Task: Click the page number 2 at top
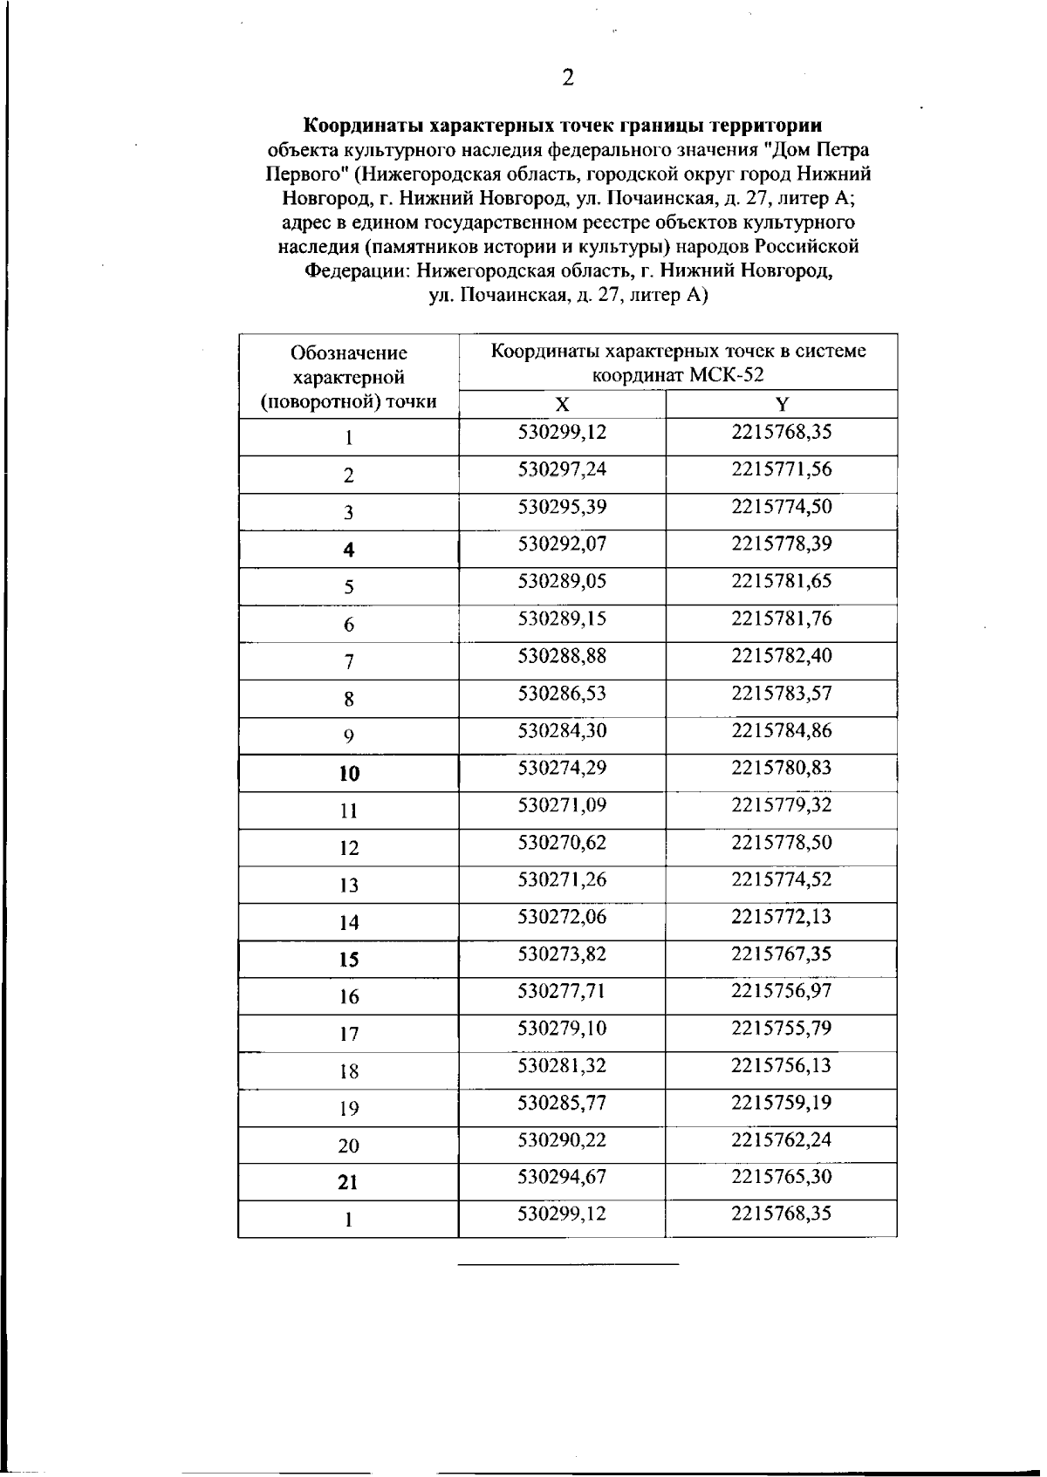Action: (568, 79)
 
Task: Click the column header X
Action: (563, 404)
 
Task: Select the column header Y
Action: (782, 404)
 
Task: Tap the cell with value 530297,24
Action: (562, 469)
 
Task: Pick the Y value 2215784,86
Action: (782, 731)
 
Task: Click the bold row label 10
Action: (349, 774)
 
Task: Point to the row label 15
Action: (349, 960)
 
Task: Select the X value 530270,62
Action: (562, 843)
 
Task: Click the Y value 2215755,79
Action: (782, 1029)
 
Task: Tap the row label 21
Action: (348, 1183)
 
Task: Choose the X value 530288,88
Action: (562, 656)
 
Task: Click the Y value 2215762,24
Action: (782, 1140)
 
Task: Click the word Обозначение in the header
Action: (349, 353)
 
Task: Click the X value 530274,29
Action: (562, 769)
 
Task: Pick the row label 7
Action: (349, 662)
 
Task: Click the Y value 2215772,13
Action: (782, 917)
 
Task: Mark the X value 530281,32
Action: (562, 1066)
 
